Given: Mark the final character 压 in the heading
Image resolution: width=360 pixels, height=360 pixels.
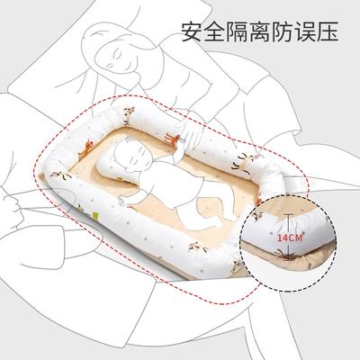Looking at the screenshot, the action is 328,31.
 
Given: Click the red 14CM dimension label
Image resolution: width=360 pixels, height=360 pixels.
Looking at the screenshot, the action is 290,238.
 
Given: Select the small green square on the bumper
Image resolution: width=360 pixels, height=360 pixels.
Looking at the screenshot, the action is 96,215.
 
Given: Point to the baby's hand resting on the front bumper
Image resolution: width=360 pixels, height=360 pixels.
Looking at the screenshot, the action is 124,202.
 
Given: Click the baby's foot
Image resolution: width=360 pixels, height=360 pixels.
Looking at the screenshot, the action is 215,222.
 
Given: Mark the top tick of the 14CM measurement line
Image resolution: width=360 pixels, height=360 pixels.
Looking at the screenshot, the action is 289,214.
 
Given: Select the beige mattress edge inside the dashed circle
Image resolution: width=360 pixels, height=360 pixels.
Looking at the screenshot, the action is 270,252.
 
